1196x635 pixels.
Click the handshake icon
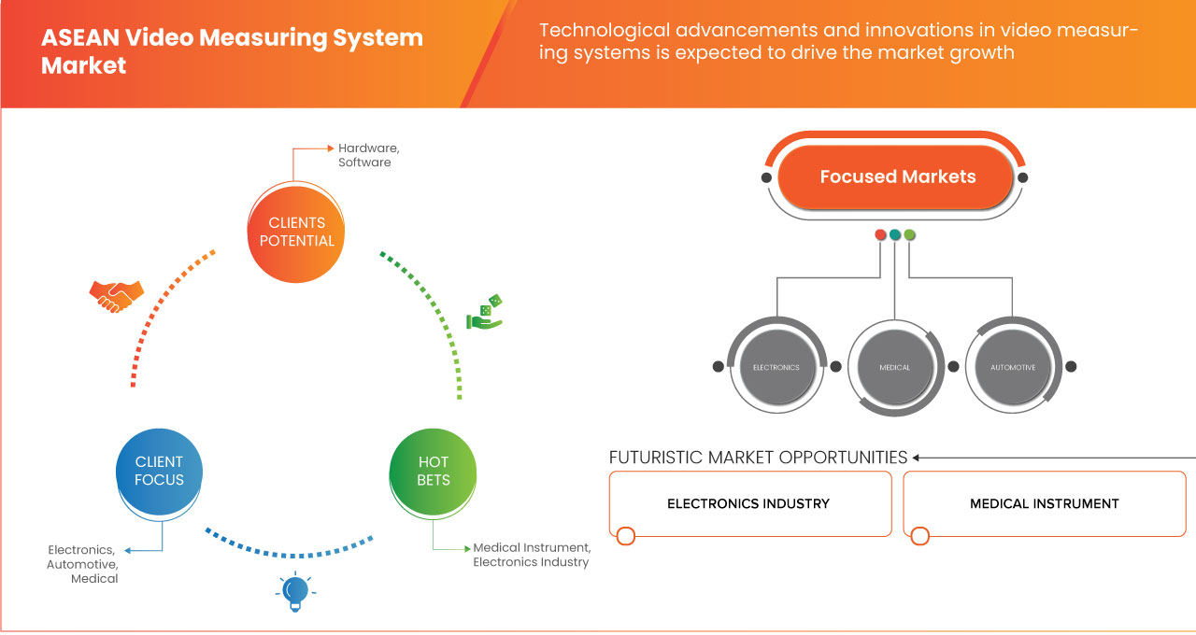coord(117,295)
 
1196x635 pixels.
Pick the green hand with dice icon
coord(485,313)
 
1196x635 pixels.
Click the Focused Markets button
coord(897,176)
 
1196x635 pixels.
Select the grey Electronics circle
coord(776,367)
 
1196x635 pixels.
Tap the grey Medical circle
coord(894,367)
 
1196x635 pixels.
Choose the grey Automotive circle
coord(1013,367)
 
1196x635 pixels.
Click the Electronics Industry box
coord(749,504)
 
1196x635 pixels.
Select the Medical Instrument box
coord(1044,504)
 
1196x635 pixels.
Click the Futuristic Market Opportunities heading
coord(758,458)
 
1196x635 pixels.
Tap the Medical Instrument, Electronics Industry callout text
coord(532,555)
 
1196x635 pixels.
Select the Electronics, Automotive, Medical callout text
coord(83,564)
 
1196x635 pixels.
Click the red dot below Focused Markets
coord(880,234)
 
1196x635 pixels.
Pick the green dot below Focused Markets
coord(910,234)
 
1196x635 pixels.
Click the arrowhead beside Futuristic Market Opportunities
coord(917,458)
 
